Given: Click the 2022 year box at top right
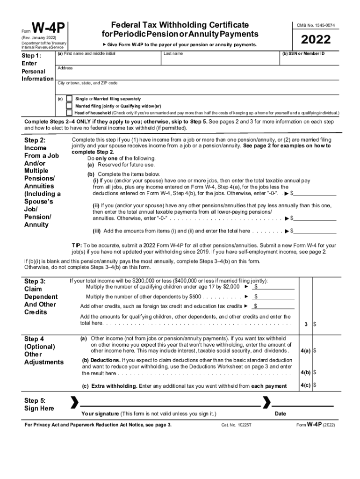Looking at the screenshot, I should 315,40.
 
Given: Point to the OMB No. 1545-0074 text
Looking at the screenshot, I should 315,25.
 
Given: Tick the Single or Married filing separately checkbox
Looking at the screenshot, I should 69,99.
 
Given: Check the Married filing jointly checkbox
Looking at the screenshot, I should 69,106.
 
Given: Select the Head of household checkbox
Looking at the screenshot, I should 69,113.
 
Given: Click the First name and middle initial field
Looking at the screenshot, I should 108,59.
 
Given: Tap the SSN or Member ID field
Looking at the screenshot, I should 309,59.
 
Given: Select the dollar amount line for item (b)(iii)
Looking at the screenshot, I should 315,230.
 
